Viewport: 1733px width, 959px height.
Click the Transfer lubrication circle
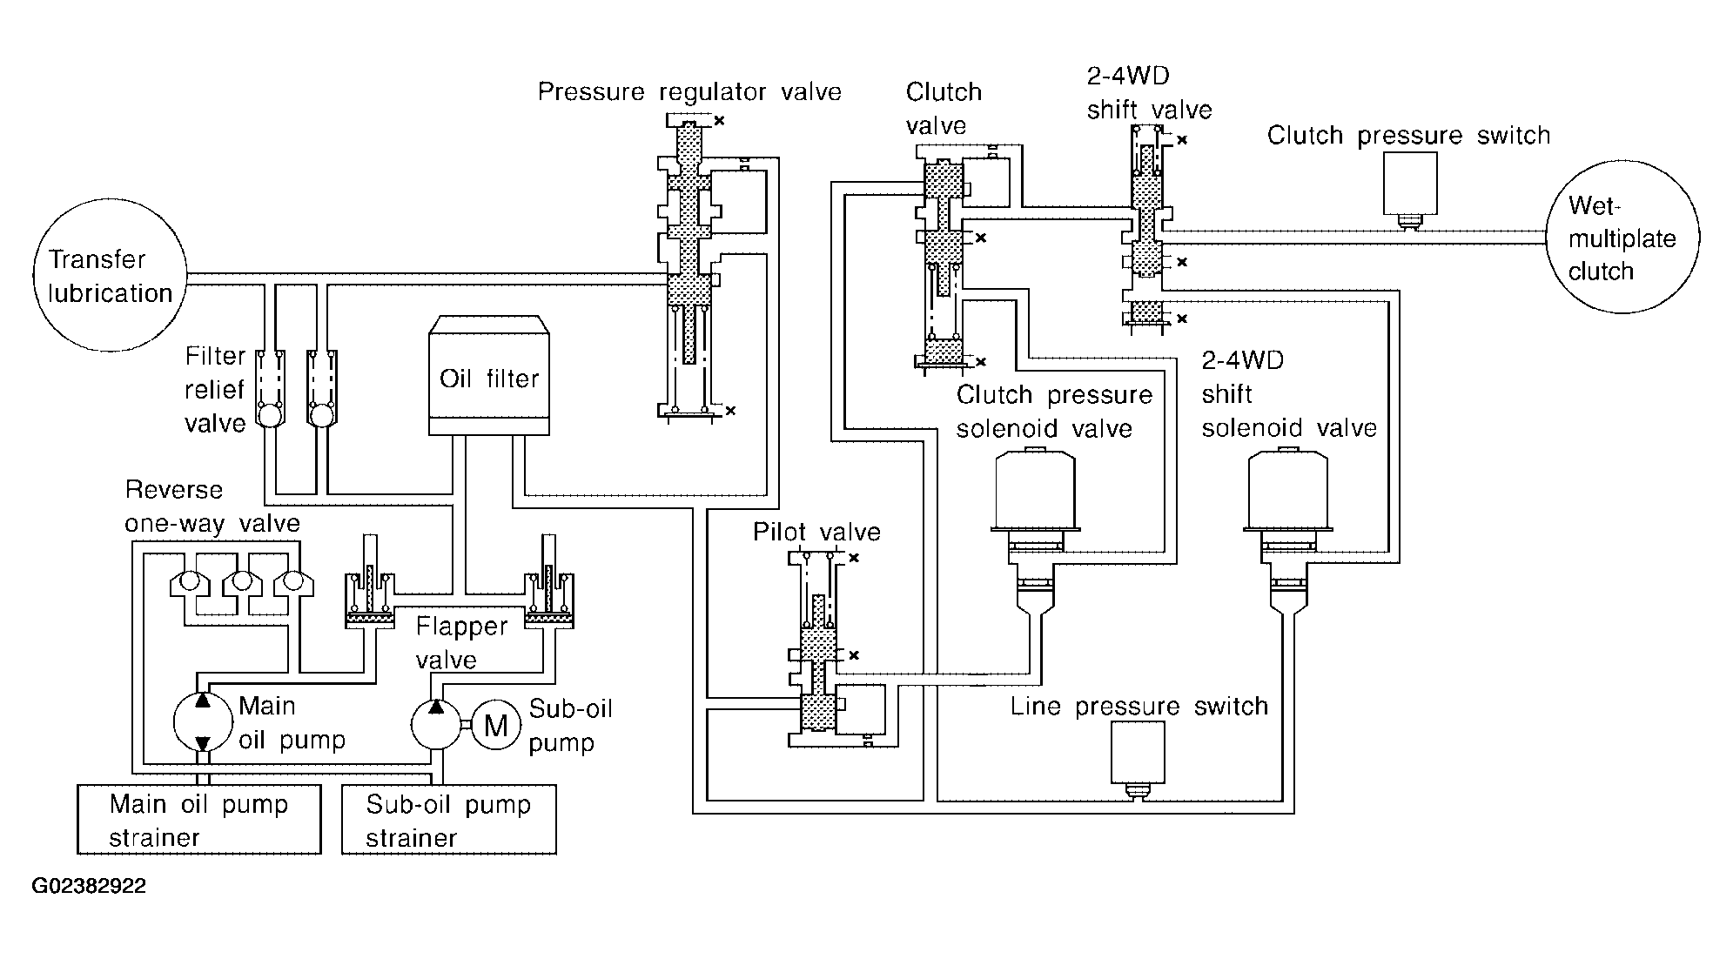(110, 275)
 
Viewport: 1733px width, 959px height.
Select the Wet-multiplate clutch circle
(1622, 237)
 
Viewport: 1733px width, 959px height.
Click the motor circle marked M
(495, 724)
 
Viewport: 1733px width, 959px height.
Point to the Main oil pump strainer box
(198, 820)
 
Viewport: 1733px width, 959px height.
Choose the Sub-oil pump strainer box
(448, 820)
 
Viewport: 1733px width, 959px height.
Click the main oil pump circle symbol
(202, 721)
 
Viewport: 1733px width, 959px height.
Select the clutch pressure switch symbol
(1410, 186)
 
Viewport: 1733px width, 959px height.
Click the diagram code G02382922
(89, 887)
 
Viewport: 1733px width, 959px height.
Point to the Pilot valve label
(816, 532)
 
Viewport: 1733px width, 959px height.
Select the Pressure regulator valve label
(689, 91)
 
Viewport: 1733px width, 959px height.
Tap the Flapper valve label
(460, 642)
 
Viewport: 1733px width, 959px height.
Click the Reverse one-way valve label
(212, 506)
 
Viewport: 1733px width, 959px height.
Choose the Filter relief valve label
(215, 390)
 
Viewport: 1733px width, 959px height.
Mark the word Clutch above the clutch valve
(944, 91)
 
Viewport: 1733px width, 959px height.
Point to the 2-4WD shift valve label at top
(1149, 92)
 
